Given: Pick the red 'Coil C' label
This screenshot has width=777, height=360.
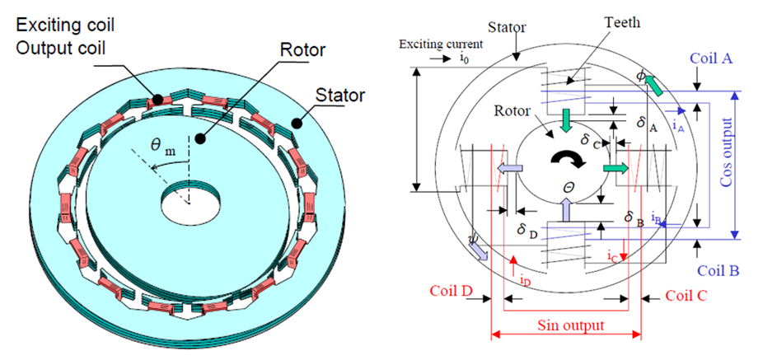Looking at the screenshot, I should click(686, 294).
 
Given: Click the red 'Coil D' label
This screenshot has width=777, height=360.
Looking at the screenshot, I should click(452, 292).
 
